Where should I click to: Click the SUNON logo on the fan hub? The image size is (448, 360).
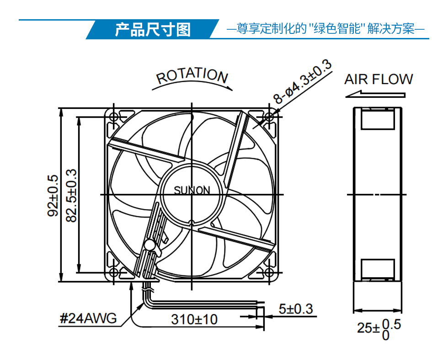click(x=192, y=190)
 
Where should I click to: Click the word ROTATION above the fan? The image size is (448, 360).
click(x=192, y=75)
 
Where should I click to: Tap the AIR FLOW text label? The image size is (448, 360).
click(x=379, y=80)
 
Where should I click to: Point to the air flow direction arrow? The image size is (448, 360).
click(x=375, y=94)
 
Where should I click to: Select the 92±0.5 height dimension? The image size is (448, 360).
click(x=53, y=196)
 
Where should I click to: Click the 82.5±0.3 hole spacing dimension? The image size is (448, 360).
click(x=71, y=196)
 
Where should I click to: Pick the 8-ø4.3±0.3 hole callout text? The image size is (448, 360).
click(x=302, y=82)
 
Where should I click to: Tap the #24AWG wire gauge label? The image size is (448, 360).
click(x=88, y=318)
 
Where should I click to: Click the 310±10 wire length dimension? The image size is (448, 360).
click(x=194, y=319)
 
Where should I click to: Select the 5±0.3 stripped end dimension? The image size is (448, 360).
click(x=296, y=309)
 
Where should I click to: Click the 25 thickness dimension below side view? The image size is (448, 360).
click(x=379, y=329)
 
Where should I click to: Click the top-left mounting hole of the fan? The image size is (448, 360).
click(x=114, y=117)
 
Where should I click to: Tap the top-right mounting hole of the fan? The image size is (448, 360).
click(x=269, y=117)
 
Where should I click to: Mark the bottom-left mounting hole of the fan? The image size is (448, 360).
click(x=114, y=273)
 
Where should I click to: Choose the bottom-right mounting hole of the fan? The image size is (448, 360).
click(x=269, y=273)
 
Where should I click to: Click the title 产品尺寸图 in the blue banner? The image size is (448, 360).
click(x=153, y=29)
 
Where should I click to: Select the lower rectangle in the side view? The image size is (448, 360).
click(x=378, y=269)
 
